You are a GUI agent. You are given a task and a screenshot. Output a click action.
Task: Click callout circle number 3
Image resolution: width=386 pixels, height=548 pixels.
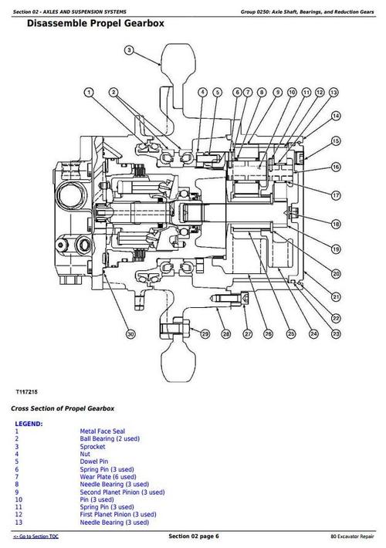pos(130,51)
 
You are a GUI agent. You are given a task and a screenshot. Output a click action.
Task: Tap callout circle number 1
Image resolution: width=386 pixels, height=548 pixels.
pos(90,93)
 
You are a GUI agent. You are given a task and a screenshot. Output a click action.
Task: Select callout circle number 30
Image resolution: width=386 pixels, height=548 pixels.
pos(131,333)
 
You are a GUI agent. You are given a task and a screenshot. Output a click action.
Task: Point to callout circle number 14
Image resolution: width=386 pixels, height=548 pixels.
pos(336,116)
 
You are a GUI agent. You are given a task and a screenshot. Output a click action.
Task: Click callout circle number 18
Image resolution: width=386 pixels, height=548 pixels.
pos(336,224)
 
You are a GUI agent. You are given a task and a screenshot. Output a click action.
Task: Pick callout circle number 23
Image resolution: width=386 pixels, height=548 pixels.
pos(336,333)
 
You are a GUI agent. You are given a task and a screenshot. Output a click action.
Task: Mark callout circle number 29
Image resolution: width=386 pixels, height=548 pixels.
pos(205,333)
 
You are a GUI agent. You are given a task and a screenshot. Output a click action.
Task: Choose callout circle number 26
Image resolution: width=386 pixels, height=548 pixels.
pos(268,333)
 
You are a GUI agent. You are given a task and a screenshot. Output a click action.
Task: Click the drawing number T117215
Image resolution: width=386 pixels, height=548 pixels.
pos(30,391)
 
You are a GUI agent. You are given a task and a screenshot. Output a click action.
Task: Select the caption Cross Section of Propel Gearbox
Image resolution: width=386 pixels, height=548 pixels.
pos(63,408)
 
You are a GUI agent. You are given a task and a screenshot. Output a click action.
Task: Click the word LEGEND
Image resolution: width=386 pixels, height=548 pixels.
pos(29,424)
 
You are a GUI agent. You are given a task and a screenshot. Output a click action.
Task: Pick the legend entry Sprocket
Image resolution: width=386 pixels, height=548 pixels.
pos(93,447)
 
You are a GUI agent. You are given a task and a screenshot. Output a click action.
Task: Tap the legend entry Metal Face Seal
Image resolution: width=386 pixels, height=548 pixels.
pos(103,431)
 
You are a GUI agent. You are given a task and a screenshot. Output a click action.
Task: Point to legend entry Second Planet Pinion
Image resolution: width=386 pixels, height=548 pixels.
pos(122,492)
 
